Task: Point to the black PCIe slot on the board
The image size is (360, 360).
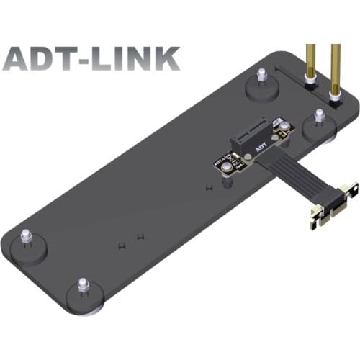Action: pyautogui.click(x=256, y=136)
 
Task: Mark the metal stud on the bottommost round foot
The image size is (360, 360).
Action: pyautogui.click(x=83, y=285)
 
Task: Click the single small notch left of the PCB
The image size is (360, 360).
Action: pyautogui.click(x=207, y=188)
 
